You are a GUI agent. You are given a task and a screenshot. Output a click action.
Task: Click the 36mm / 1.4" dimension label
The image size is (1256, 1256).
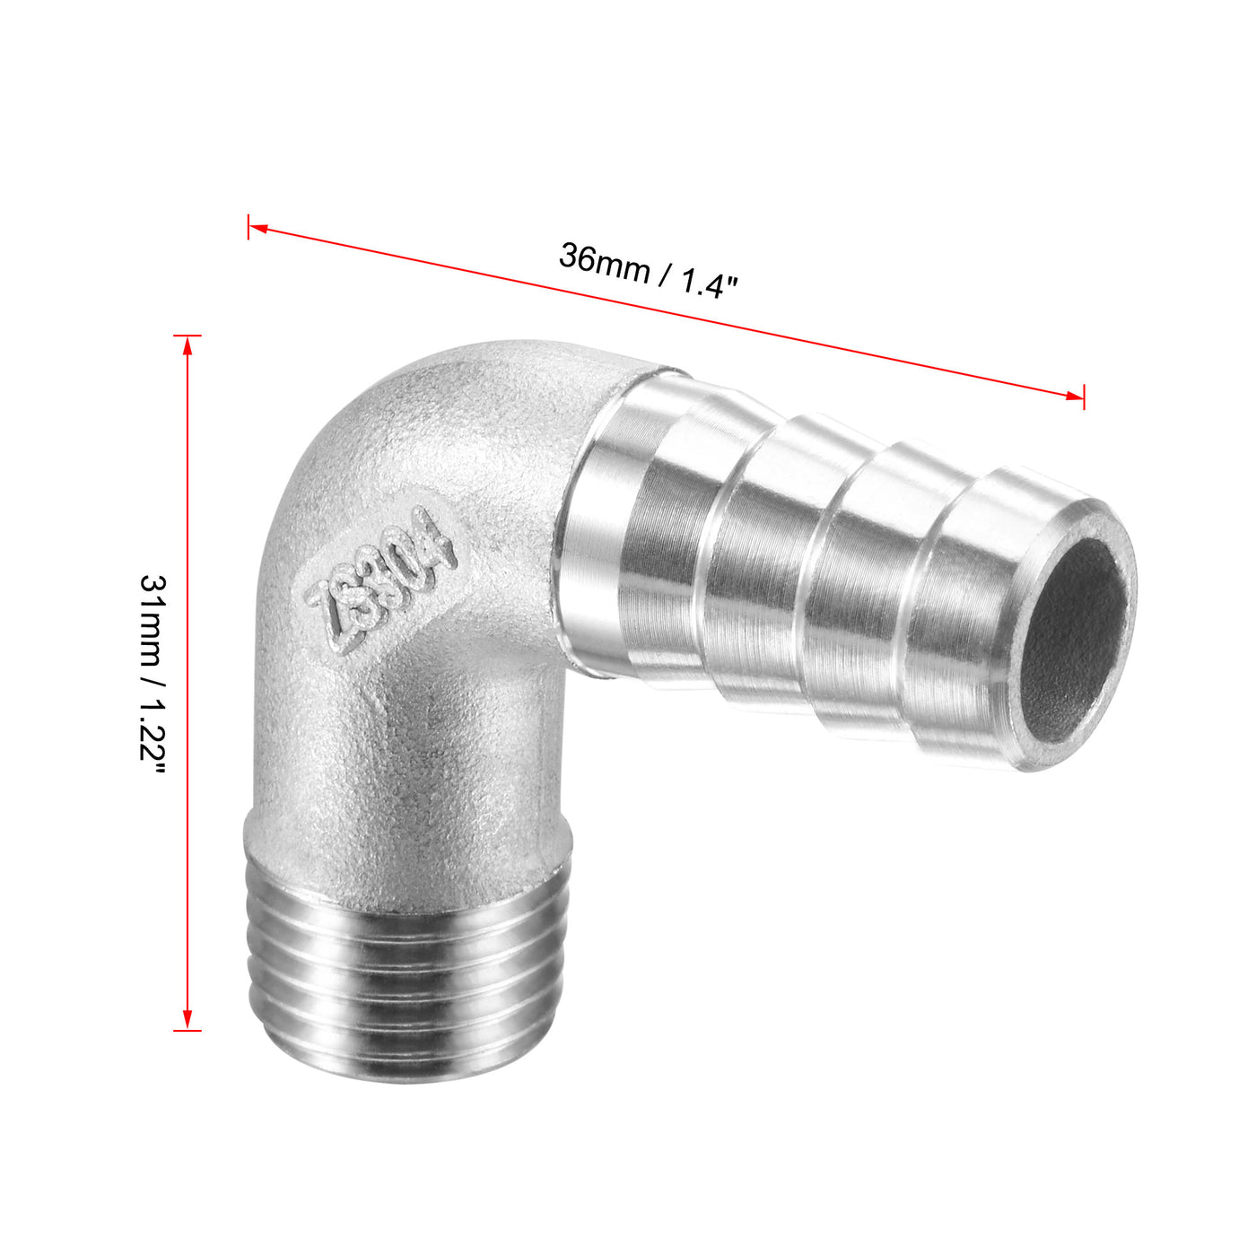648,270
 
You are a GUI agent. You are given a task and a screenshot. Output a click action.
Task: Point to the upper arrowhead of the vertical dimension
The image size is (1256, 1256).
187,345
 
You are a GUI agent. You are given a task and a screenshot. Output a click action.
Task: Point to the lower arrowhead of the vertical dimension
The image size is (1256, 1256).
187,1020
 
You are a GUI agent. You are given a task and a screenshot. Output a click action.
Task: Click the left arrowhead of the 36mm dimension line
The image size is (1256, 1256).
258,229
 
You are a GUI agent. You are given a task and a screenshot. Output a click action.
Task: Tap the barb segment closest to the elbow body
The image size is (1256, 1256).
619,529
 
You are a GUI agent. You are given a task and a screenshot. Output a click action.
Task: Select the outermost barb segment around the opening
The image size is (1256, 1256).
969,619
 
